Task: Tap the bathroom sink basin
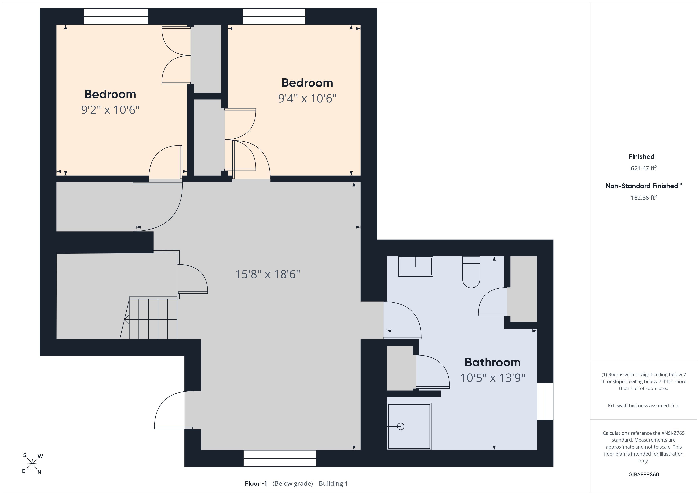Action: [415, 266]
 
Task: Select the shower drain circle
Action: [401, 426]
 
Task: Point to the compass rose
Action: [32, 464]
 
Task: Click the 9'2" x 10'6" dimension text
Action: [110, 110]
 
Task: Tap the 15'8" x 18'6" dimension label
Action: [267, 274]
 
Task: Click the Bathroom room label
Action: [492, 362]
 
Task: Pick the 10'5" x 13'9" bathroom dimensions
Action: [493, 378]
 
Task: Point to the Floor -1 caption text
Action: [256, 483]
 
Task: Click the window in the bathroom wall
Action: [545, 401]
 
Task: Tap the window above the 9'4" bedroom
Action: [274, 16]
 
